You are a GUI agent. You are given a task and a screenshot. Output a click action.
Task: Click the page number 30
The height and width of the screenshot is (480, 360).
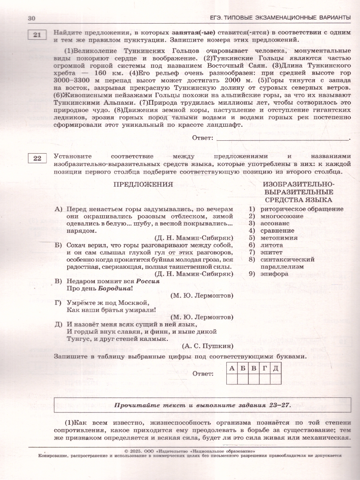click(x=32, y=18)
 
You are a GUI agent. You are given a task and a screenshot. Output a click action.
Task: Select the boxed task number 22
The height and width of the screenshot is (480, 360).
click(x=37, y=159)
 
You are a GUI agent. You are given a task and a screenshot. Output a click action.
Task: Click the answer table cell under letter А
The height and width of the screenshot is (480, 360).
click(x=232, y=378)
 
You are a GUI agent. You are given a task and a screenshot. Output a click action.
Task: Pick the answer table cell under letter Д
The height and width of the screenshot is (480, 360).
click(x=275, y=378)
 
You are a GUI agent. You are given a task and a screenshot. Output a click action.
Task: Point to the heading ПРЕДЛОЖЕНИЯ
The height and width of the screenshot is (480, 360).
click(x=143, y=184)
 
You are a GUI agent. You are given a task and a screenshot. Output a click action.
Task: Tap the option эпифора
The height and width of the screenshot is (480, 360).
click(x=274, y=274)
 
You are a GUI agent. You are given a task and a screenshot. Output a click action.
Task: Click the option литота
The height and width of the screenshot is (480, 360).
click(x=272, y=245)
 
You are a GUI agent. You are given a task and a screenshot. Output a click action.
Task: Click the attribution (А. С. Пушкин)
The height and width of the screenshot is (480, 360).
click(x=207, y=346)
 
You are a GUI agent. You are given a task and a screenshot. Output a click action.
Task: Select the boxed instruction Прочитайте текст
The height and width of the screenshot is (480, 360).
click(x=203, y=405)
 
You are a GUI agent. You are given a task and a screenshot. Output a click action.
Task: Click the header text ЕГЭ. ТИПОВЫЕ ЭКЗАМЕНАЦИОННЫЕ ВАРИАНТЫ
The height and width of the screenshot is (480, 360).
click(x=280, y=17)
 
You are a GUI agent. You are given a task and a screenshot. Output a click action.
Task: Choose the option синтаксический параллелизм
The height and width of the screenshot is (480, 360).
click(x=287, y=263)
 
